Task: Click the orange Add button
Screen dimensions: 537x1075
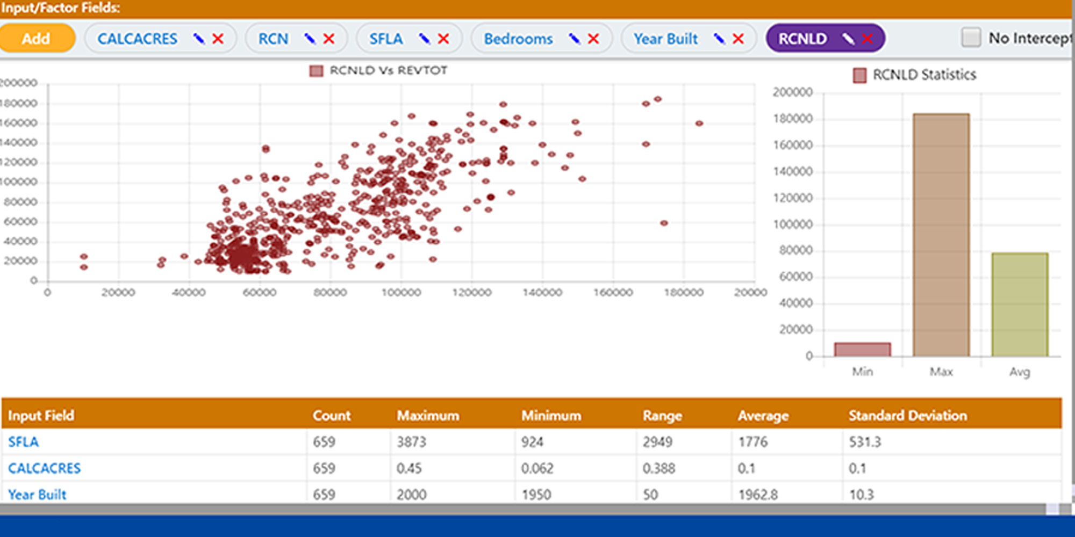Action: pos(36,39)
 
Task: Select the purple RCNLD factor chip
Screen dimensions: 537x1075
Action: pos(802,39)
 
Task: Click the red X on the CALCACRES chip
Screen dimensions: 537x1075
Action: pos(218,39)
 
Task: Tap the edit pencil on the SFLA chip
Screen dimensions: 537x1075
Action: pos(424,39)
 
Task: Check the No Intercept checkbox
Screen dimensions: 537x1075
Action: pos(971,38)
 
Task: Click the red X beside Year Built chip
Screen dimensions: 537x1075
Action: pos(739,39)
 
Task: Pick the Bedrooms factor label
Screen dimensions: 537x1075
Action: pos(518,39)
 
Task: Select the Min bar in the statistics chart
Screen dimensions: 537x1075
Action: pos(862,350)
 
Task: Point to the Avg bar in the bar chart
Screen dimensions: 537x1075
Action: pos(1020,304)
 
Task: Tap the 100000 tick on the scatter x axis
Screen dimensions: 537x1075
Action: pos(401,293)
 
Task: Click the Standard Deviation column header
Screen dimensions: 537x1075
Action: pos(907,416)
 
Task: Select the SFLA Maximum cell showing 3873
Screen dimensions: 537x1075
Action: pos(411,442)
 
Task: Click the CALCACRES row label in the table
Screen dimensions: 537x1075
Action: pos(45,468)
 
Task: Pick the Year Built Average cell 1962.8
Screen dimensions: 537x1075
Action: pos(758,494)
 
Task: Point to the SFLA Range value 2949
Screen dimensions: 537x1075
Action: pos(657,442)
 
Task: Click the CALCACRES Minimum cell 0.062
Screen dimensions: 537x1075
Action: pos(537,468)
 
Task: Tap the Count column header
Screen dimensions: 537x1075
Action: pos(332,416)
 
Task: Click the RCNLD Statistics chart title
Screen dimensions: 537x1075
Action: pos(924,75)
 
